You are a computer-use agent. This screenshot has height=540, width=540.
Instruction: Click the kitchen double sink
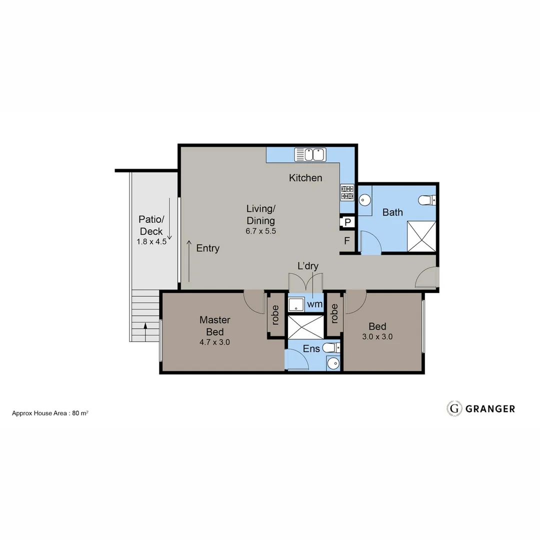(x=310, y=154)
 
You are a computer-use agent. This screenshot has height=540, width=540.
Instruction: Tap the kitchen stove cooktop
(x=347, y=192)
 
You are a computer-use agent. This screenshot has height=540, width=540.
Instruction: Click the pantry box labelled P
(x=347, y=222)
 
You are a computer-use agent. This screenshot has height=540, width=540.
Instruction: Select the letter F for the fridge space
(x=346, y=241)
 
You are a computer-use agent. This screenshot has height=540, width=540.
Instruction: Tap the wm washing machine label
(x=314, y=304)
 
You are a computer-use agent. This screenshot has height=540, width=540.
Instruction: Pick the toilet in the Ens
(x=330, y=347)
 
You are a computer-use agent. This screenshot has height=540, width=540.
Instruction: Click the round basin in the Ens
(x=333, y=363)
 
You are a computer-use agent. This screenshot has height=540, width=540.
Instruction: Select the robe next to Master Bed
(x=275, y=314)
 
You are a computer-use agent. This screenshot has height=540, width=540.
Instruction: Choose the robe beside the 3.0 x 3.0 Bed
(x=334, y=313)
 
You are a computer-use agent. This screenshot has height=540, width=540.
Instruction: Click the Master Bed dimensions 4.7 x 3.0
(x=214, y=342)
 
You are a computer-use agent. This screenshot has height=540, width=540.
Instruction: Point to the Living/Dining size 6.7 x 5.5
(x=260, y=231)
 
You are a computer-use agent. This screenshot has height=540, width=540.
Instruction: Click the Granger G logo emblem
(x=454, y=408)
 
